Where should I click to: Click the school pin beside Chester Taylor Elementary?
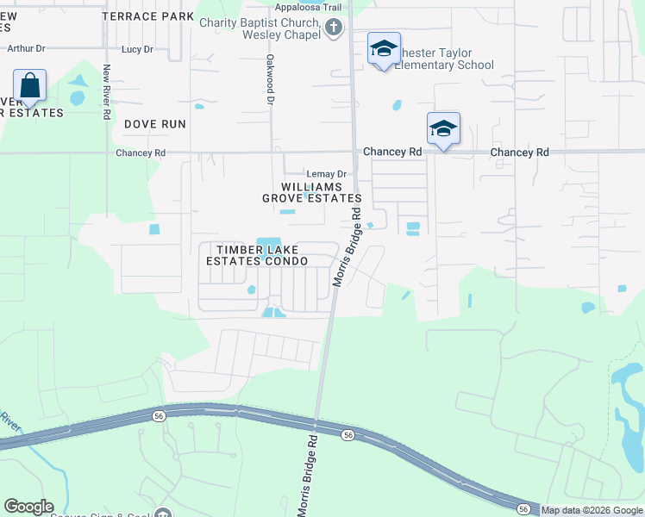point(384,49)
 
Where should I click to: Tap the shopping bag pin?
point(30,86)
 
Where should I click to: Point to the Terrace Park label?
point(147,16)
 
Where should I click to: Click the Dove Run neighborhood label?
point(155,124)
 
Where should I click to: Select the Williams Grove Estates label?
point(311,192)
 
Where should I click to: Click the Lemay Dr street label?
point(327,173)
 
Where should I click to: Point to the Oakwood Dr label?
point(270,80)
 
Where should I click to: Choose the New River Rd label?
point(107,90)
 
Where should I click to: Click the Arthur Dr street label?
point(26,49)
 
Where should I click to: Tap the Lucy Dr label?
point(137,49)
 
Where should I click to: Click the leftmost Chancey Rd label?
point(141,153)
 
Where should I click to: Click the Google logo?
point(28,507)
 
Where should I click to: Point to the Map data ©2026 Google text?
point(592,510)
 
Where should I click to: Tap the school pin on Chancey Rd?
point(443,129)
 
